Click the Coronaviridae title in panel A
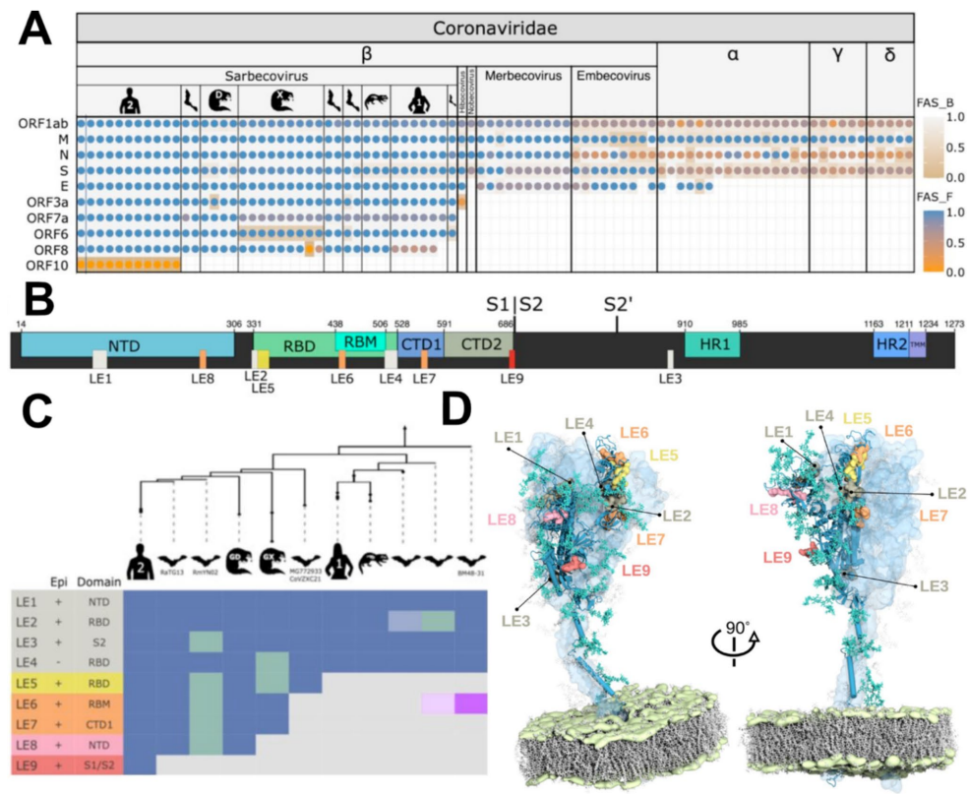point(496,28)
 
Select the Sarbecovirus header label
point(266,76)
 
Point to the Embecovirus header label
point(613,76)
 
